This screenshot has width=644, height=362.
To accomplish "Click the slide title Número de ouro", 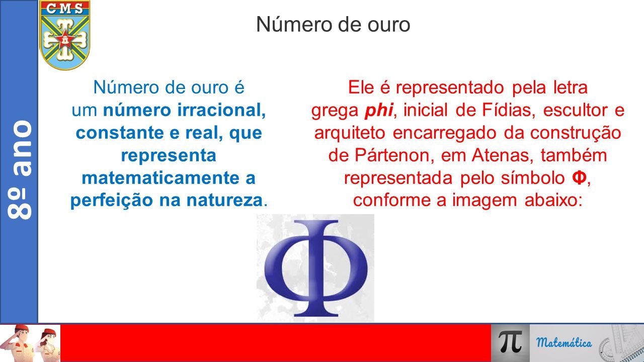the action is (x=333, y=25).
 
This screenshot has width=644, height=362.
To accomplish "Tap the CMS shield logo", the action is (x=65, y=35).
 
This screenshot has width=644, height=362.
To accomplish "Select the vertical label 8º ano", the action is (x=20, y=169).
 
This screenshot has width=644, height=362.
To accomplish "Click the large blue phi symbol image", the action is (x=315, y=268).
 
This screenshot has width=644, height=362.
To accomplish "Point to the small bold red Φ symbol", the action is (x=579, y=178).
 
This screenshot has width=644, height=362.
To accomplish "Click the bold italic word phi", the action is (x=379, y=110).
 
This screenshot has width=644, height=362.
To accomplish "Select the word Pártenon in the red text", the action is (x=394, y=155).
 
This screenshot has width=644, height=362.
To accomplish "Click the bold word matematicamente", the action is (x=160, y=178).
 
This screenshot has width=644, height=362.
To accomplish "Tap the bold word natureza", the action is (x=224, y=201).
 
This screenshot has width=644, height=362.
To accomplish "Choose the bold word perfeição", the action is (x=112, y=201).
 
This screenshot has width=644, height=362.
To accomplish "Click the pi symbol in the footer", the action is (x=511, y=342).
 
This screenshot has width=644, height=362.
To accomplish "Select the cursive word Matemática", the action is (x=564, y=342).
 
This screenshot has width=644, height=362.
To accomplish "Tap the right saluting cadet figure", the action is (x=47, y=344).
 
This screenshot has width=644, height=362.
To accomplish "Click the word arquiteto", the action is (x=350, y=133).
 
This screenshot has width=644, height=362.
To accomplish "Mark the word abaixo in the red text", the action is (x=553, y=201).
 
